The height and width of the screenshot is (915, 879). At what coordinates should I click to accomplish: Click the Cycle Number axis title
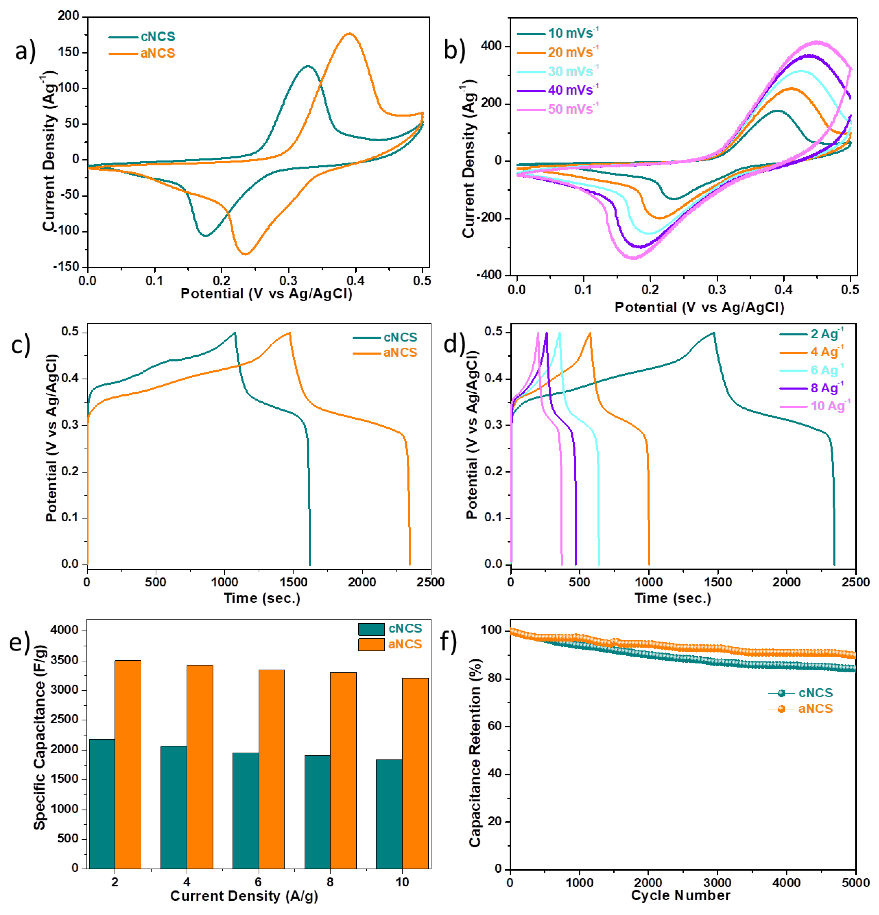click(681, 895)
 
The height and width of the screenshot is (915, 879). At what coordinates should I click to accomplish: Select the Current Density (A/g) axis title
click(244, 896)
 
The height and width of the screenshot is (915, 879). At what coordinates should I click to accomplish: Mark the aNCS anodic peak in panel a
click(349, 34)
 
